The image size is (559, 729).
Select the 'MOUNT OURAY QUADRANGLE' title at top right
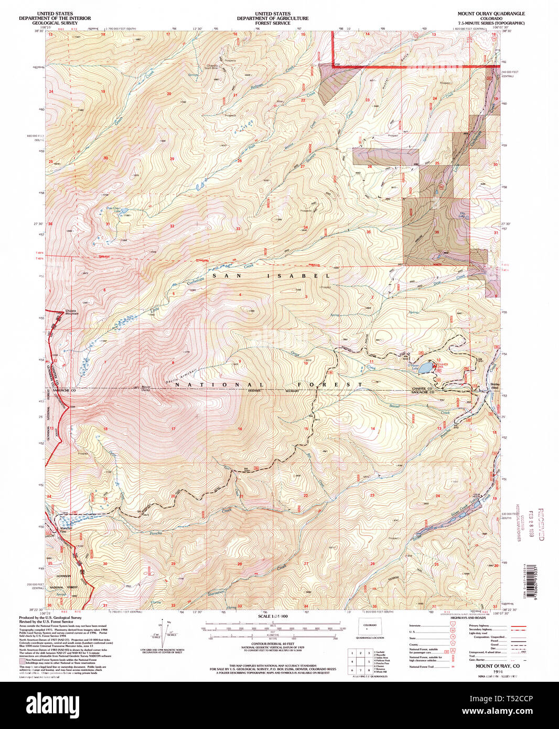click(491, 14)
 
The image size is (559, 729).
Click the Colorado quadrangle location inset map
click(370, 626)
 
